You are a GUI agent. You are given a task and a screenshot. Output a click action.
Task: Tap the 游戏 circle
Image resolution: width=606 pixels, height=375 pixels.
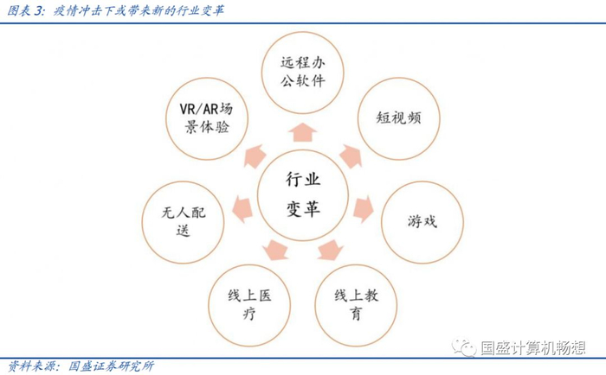coord(422,220)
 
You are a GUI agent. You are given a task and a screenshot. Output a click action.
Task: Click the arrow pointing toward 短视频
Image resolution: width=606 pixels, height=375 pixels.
coord(351,156)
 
